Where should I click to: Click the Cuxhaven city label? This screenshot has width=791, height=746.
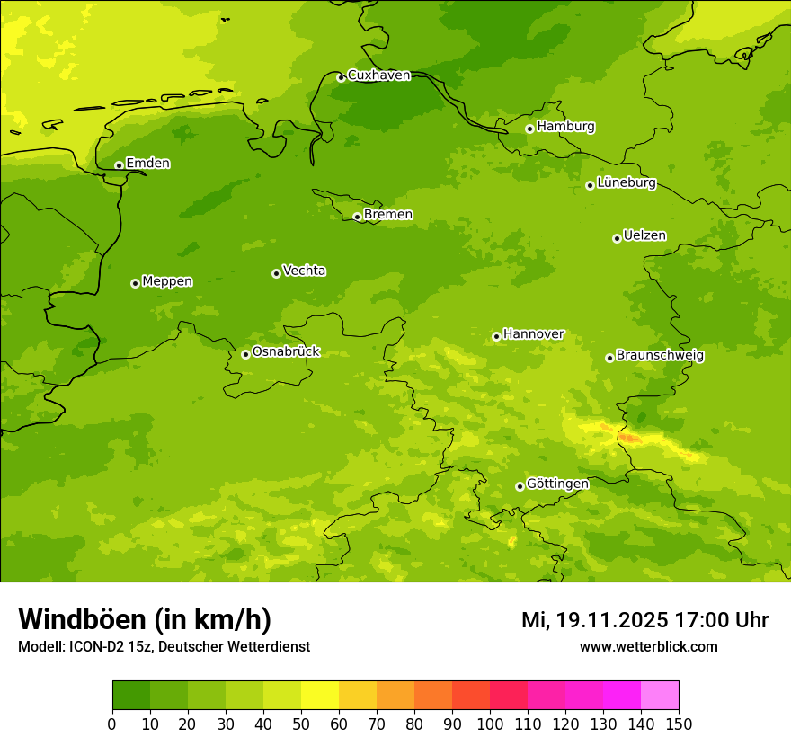[x=378, y=75]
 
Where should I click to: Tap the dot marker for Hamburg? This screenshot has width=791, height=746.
[x=530, y=129]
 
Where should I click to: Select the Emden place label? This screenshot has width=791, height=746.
[x=147, y=164]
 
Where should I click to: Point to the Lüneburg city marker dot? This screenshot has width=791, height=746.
[x=590, y=185]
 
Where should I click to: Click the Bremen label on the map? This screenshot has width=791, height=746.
[x=387, y=215]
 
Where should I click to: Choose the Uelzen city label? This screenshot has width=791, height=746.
[x=644, y=236]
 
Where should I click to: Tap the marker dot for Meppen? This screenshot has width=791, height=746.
[x=135, y=283]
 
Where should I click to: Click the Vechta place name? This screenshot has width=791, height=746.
[x=304, y=271]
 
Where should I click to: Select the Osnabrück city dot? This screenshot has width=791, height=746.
[x=245, y=354]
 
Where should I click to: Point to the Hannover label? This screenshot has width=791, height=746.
[x=533, y=334]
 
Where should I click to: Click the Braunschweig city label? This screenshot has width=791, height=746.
[x=660, y=356]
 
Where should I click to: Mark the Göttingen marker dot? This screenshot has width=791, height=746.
[x=520, y=486]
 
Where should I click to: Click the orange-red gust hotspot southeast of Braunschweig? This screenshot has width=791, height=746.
[x=629, y=438]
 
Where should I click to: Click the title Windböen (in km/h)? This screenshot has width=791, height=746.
[x=145, y=619]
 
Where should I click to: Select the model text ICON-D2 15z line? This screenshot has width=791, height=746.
[x=164, y=647]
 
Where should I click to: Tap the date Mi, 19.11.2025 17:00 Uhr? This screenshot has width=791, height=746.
[x=644, y=620]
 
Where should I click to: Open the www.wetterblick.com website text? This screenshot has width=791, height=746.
[x=648, y=647]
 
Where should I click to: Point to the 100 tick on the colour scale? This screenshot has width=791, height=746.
[x=490, y=724]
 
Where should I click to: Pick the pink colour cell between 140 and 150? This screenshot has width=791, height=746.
[x=660, y=696]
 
